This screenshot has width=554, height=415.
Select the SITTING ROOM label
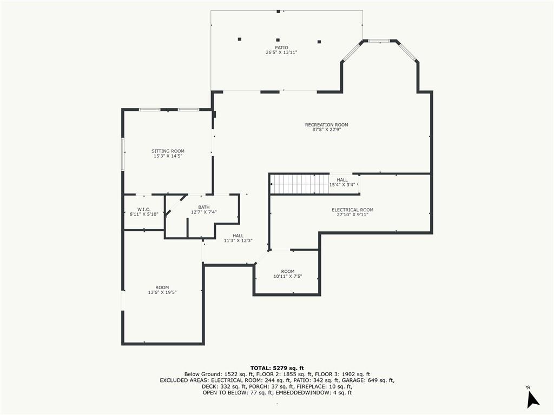pos(168,151)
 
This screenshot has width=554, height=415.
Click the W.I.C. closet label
pos(143,209)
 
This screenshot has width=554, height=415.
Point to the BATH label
pos(203,207)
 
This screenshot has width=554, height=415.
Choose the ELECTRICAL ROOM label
pos(352,210)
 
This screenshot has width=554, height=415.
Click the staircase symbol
pos(299,184)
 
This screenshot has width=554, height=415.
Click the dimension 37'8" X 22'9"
pos(326,130)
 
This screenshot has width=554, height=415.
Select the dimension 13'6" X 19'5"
pos(162,292)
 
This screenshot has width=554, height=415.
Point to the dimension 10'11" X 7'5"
pos(287,276)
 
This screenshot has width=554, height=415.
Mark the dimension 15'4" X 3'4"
pos(342,185)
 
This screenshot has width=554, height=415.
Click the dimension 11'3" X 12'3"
pos(238,240)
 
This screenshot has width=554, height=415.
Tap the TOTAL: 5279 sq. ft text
pos(277,368)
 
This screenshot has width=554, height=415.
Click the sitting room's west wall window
pos(123,154)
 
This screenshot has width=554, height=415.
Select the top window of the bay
pos(379,41)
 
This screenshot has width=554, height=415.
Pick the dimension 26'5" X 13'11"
pos(281,52)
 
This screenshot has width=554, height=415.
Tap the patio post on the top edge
pos(278,11)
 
